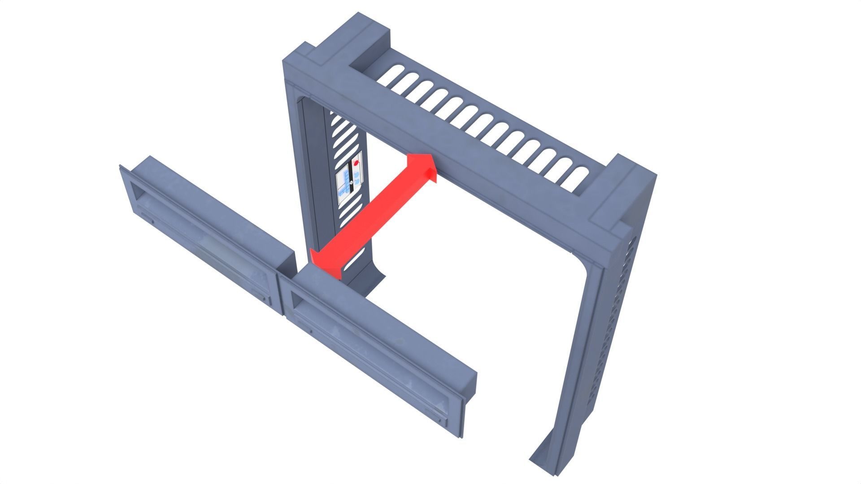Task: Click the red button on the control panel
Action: (357, 164)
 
